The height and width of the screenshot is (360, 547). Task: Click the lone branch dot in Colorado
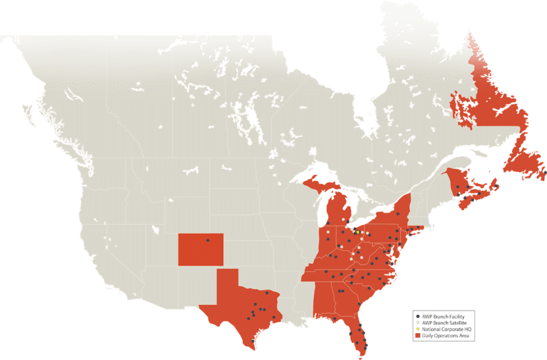(207, 241)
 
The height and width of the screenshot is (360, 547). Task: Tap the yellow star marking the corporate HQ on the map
(357, 232)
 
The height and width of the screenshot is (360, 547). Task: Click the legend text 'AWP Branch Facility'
(443, 315)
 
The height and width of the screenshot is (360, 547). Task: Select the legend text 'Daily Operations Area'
(446, 337)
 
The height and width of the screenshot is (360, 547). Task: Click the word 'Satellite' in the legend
(460, 322)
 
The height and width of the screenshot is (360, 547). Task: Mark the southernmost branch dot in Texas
(253, 341)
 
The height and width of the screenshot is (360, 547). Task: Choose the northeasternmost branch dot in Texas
(268, 293)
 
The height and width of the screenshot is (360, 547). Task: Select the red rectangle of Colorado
(201, 249)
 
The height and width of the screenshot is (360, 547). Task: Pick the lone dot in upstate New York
(397, 214)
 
